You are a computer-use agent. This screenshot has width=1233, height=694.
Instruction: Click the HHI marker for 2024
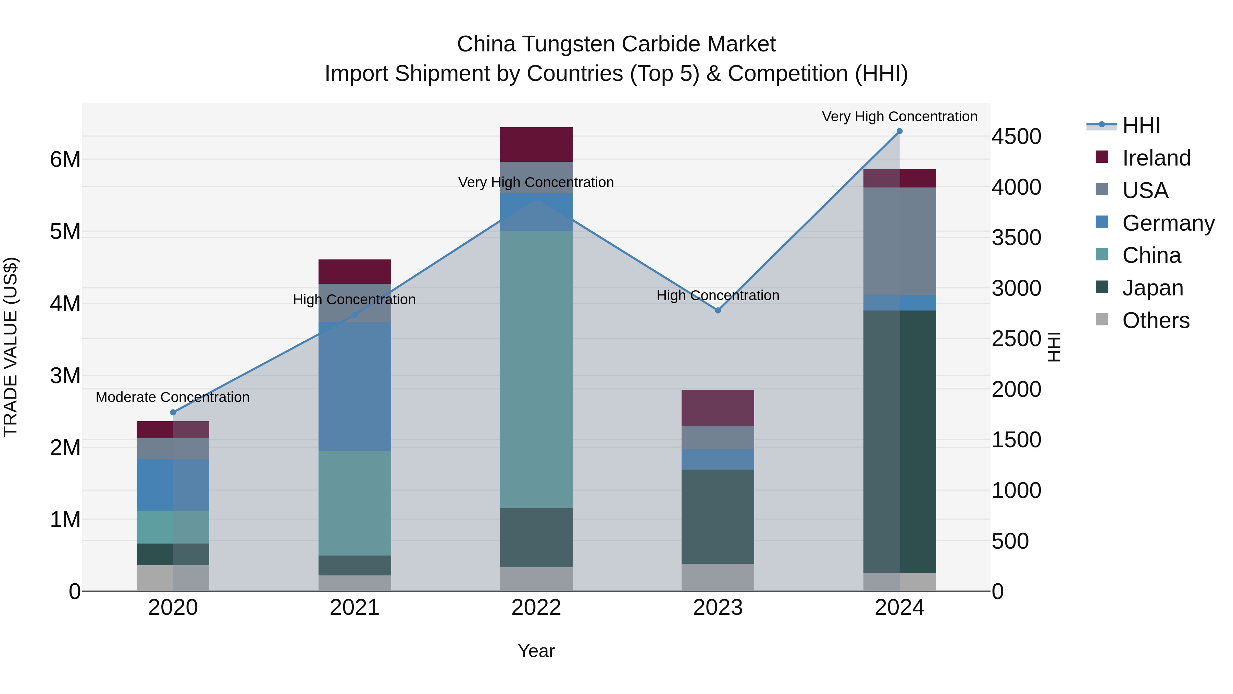(x=899, y=131)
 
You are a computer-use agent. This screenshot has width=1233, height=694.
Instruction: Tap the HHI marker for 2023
(x=718, y=311)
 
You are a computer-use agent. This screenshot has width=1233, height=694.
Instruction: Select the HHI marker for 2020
(x=173, y=412)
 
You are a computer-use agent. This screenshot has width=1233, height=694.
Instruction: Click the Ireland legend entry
(x=1156, y=158)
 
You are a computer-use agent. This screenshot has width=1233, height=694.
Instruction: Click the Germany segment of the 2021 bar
(x=355, y=387)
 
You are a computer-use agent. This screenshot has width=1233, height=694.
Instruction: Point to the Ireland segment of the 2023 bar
(x=718, y=407)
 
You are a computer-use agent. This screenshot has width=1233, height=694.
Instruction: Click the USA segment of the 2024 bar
(x=899, y=241)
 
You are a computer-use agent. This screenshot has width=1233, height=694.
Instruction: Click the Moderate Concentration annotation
(x=173, y=398)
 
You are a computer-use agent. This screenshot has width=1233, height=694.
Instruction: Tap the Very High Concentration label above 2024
(x=899, y=117)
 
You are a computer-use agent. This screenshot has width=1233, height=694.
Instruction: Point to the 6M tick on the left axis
(x=65, y=159)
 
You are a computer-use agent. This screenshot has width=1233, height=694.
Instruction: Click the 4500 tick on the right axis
(x=1016, y=136)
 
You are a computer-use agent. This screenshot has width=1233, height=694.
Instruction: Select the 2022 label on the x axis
(x=536, y=608)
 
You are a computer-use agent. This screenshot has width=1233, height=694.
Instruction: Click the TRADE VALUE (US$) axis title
(x=11, y=347)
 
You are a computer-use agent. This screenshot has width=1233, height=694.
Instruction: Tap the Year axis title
(x=536, y=651)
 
